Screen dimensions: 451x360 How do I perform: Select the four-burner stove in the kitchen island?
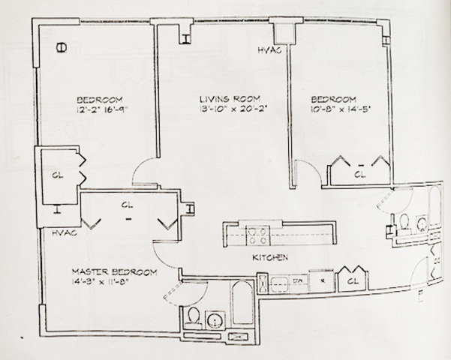tap(259, 234)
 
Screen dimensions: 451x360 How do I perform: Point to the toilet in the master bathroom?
tap(192, 316)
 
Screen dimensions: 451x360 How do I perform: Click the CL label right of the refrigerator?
tap(351, 282)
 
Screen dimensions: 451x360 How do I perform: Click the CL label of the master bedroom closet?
tap(126, 204)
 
